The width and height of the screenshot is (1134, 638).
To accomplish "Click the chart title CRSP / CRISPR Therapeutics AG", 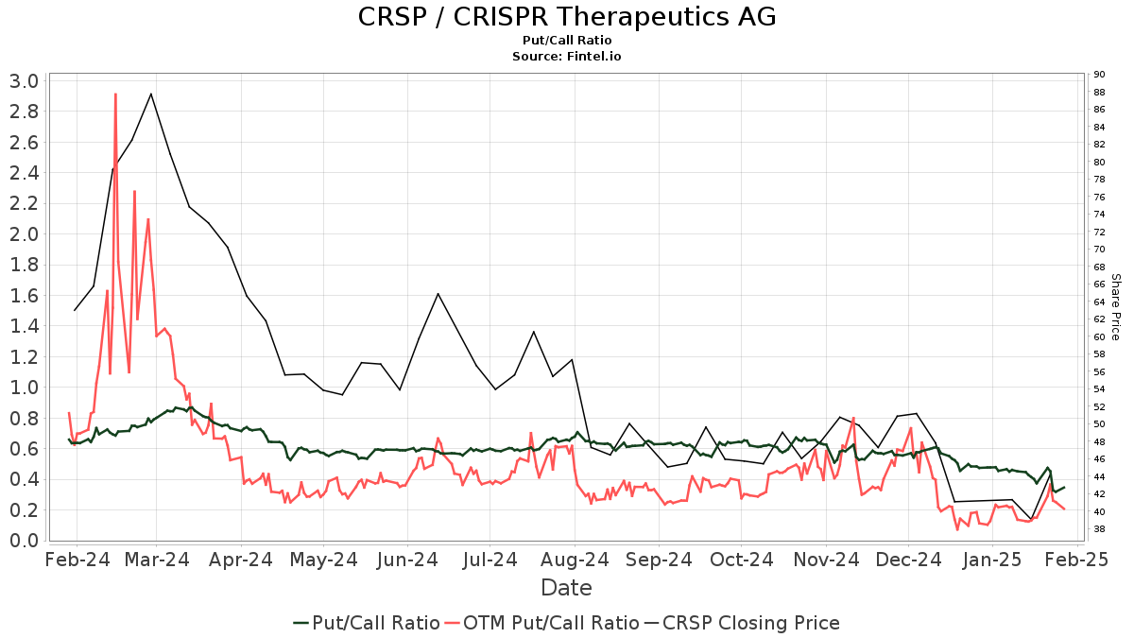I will pyautogui.click(x=566, y=17).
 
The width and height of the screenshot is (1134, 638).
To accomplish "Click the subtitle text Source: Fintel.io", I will pyautogui.click(x=566, y=57).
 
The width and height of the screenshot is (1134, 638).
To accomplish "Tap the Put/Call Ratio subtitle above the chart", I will pyautogui.click(x=566, y=41).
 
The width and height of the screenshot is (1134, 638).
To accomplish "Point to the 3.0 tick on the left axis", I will pyautogui.click(x=24, y=80).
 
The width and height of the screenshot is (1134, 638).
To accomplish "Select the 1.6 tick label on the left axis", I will pyautogui.click(x=24, y=296).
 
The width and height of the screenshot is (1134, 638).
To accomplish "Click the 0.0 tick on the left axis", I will pyautogui.click(x=24, y=541).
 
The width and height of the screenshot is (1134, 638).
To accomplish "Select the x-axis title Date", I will pyautogui.click(x=566, y=588).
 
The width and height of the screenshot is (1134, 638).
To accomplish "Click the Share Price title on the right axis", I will pyautogui.click(x=1115, y=307).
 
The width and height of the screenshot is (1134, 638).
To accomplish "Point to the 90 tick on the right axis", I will pyautogui.click(x=1099, y=75).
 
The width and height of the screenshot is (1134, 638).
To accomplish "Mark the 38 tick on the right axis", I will pyautogui.click(x=1099, y=529).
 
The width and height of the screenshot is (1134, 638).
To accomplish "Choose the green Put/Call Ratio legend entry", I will pyautogui.click(x=367, y=623).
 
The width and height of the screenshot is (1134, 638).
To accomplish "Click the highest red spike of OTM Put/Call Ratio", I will pyautogui.click(x=115, y=95).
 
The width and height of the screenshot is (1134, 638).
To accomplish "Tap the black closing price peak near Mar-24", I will pyautogui.click(x=151, y=94).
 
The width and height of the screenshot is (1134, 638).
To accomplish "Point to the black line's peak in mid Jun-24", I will pyautogui.click(x=438, y=294).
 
